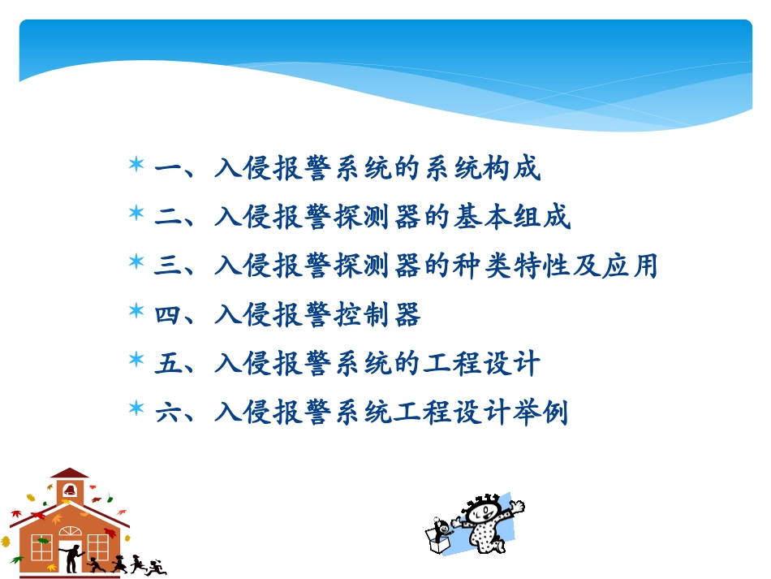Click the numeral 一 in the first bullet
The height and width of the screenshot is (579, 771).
tap(168, 169)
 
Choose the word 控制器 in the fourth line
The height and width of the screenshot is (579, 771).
tap(377, 315)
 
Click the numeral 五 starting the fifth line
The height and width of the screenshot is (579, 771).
tap(168, 364)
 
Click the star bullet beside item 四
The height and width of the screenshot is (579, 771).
tap(136, 312)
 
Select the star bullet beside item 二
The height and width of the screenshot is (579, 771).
tap(136, 214)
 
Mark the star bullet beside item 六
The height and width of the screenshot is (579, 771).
tap(136, 409)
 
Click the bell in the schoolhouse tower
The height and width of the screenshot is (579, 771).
tap(70, 490)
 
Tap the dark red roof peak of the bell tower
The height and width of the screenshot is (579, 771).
tap(70, 472)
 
